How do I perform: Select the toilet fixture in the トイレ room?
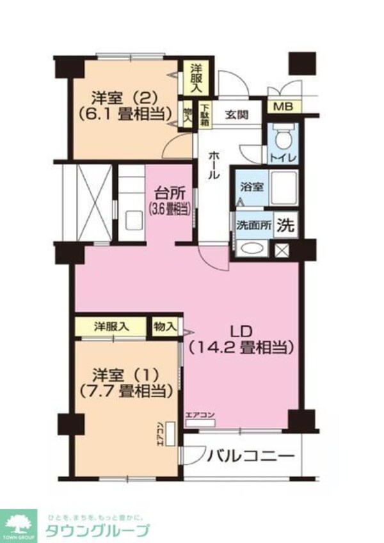[x=281, y=135]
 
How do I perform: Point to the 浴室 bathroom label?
[x=250, y=188]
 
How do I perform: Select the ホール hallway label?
[x=213, y=165]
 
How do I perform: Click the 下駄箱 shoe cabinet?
[x=204, y=114]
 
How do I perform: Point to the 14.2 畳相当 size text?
[x=241, y=348]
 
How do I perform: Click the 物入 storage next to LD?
[x=165, y=326]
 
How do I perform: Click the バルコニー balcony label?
[x=250, y=457]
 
